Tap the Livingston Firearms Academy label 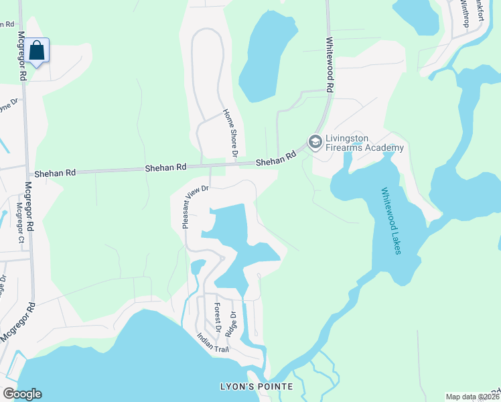point(364,143)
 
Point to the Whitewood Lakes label point(390,220)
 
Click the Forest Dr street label point(217,317)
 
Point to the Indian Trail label point(212,346)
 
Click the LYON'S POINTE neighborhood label point(257,387)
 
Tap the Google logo point(22,394)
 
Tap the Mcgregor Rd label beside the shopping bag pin point(22,58)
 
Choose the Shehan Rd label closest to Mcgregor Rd point(56,172)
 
